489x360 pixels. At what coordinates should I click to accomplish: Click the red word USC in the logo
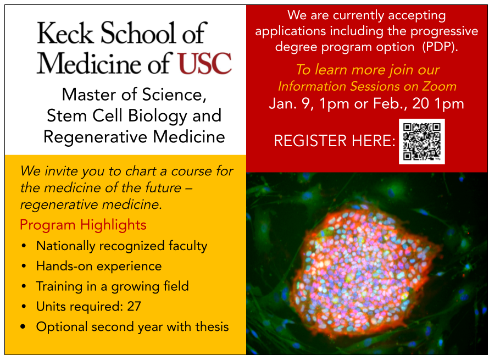[x=204, y=63]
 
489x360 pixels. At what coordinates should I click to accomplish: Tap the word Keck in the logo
[x=66, y=34]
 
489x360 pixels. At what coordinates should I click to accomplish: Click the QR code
[x=421, y=141]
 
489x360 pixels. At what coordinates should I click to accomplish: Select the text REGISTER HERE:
[x=335, y=141]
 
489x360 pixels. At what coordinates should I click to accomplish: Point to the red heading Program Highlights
[x=83, y=225]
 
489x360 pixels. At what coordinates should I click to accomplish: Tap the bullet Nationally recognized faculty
[x=121, y=246]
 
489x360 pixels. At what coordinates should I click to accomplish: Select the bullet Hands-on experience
[x=98, y=266]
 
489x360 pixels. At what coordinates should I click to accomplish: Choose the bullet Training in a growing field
[x=112, y=286]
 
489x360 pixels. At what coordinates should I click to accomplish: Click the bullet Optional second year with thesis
[x=132, y=326]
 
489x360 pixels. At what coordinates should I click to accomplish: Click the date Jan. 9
[x=289, y=104]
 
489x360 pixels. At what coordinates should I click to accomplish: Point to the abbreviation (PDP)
[x=440, y=47]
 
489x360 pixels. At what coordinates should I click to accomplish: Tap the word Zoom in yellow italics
[x=441, y=86]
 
